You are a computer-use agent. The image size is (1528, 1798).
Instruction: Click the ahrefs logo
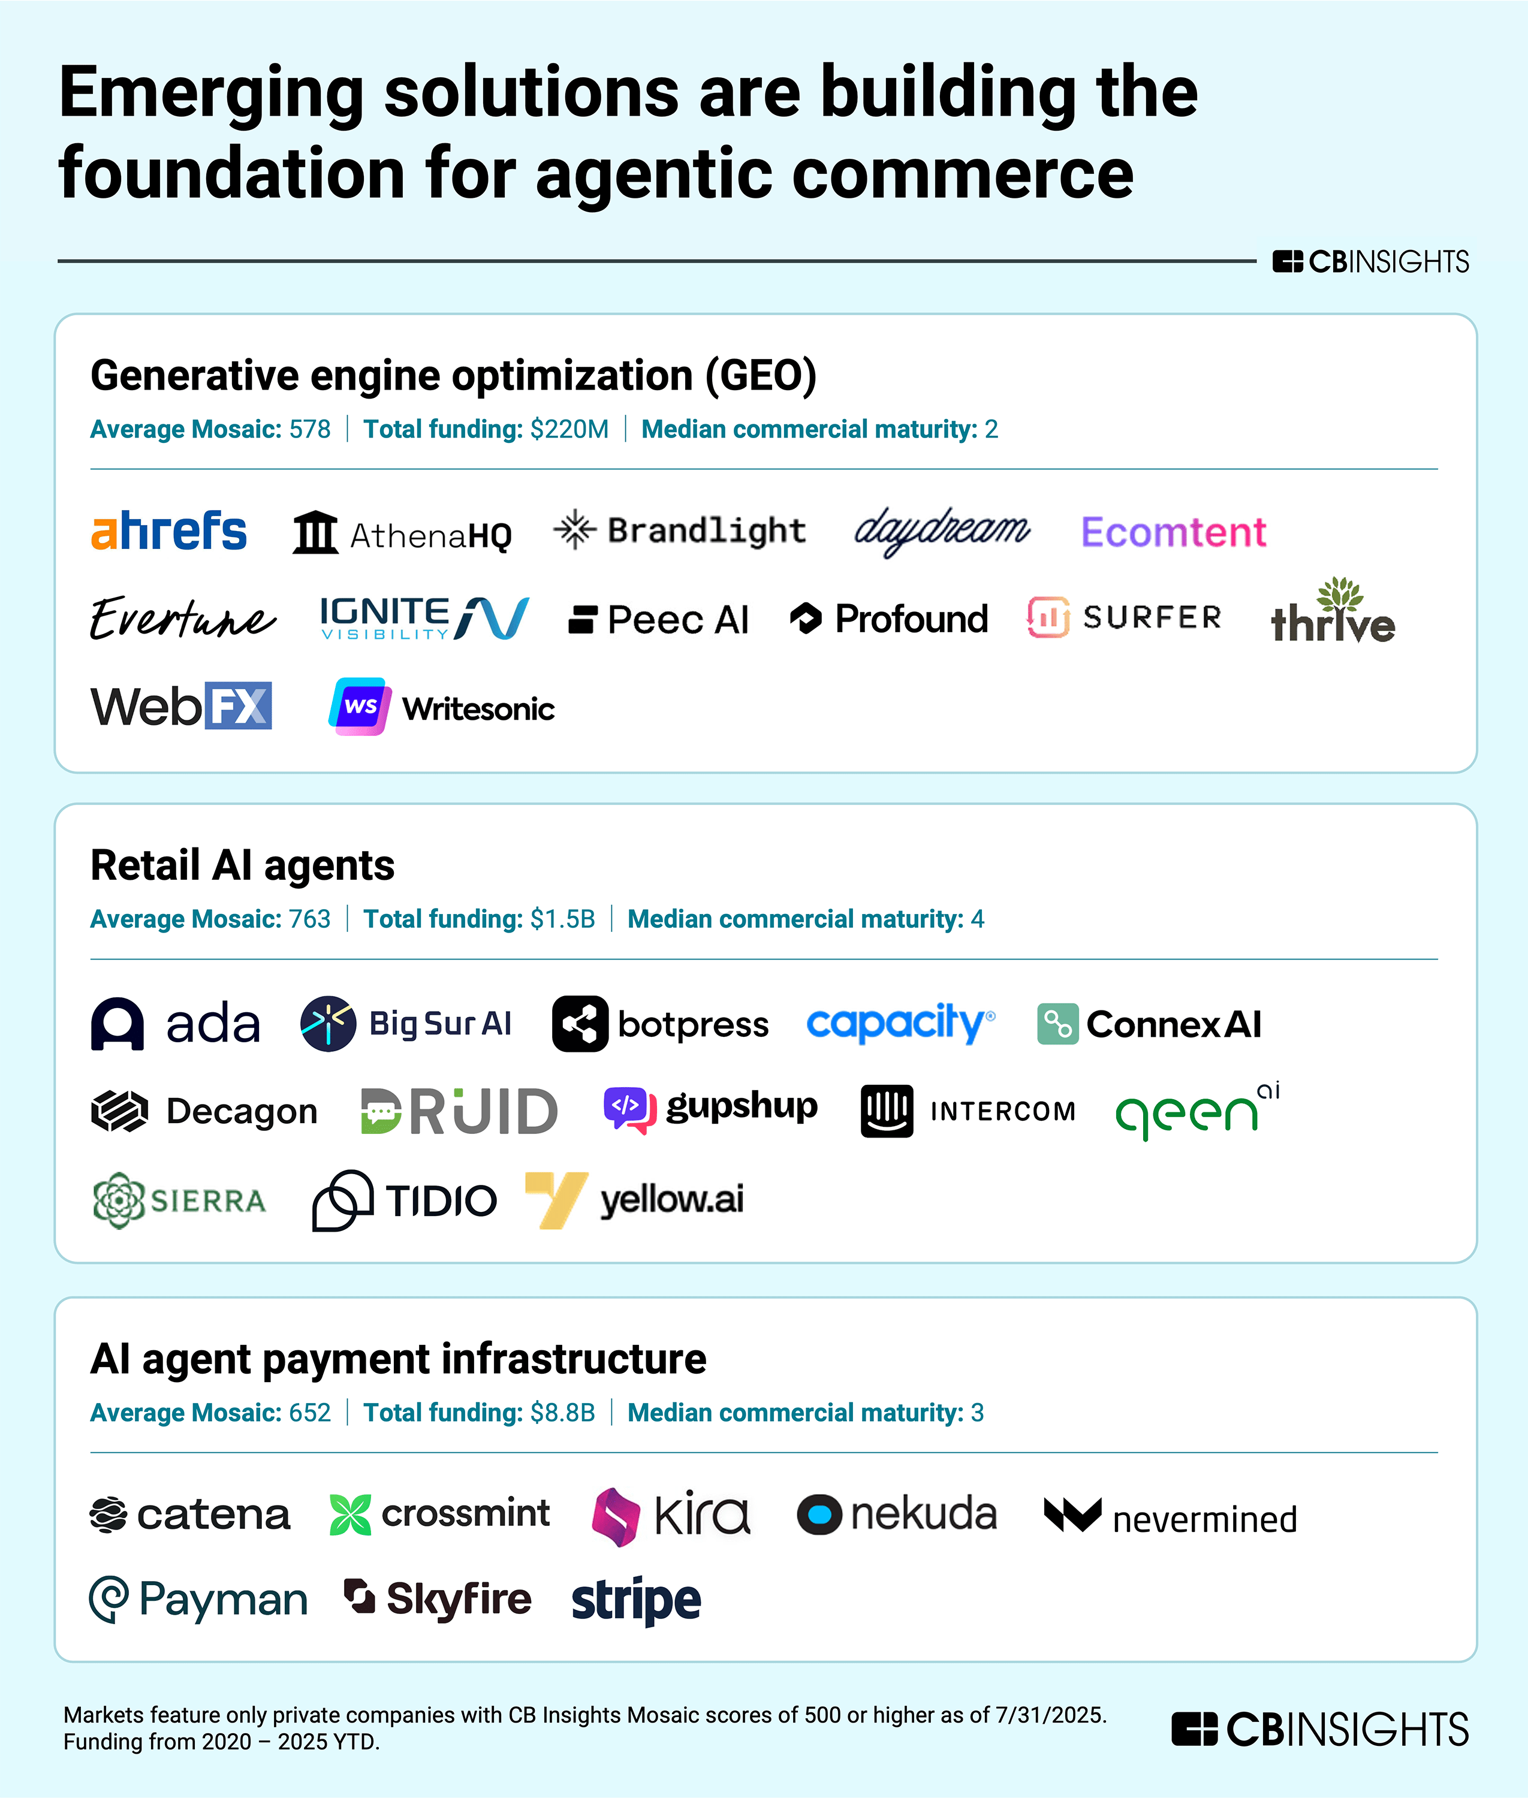(x=169, y=531)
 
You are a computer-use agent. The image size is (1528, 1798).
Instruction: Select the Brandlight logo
(x=680, y=530)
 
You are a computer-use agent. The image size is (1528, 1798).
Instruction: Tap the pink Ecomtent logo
(x=1174, y=532)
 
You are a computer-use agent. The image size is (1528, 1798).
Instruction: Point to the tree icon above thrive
(x=1340, y=594)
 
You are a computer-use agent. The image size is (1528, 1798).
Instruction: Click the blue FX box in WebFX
(x=238, y=706)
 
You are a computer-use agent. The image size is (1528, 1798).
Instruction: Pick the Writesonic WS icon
(x=360, y=706)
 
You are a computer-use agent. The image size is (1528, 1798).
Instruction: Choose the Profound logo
(x=889, y=619)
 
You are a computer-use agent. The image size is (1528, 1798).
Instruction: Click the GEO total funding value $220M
(x=569, y=430)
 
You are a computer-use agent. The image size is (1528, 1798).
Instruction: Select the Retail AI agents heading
(x=243, y=865)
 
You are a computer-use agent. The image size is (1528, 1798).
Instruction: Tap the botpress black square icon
(x=580, y=1024)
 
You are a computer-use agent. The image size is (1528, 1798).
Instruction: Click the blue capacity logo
(x=901, y=1023)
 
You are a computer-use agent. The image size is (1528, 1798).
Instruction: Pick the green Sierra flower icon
(x=119, y=1200)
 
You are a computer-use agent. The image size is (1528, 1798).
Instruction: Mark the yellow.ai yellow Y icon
(x=557, y=1199)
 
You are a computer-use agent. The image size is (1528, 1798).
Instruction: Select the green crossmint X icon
(x=350, y=1515)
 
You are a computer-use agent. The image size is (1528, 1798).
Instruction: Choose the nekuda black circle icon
(x=819, y=1515)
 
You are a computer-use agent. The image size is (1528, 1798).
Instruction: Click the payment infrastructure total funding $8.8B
(x=562, y=1413)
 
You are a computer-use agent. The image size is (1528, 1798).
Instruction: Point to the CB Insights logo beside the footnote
(x=1320, y=1728)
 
